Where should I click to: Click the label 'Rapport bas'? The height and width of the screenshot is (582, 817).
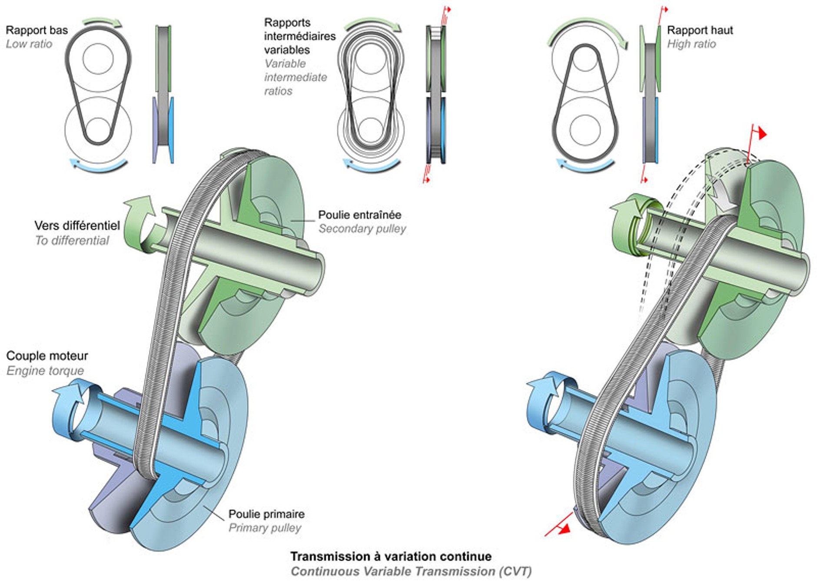tap(37, 30)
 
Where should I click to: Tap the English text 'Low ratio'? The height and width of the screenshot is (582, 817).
tap(29, 44)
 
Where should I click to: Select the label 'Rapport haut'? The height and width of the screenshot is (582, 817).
tap(700, 30)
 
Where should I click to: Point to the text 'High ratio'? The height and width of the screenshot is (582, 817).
tap(691, 44)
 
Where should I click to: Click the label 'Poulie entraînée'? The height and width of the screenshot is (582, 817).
tap(359, 215)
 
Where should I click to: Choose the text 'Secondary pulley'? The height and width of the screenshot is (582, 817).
tap(362, 228)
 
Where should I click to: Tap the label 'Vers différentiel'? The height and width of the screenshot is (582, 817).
tap(77, 226)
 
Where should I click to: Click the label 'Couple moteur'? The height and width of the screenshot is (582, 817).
tap(47, 356)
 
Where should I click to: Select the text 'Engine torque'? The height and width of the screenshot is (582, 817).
tap(45, 370)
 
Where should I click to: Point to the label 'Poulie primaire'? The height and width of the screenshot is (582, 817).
tap(266, 514)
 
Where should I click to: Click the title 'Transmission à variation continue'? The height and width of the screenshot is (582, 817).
tap(391, 556)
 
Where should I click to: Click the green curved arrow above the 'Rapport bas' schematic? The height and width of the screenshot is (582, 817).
tap(103, 22)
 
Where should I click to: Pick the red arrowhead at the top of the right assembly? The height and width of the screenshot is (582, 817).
tap(762, 134)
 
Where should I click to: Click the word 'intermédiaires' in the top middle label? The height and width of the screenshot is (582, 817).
tap(300, 36)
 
